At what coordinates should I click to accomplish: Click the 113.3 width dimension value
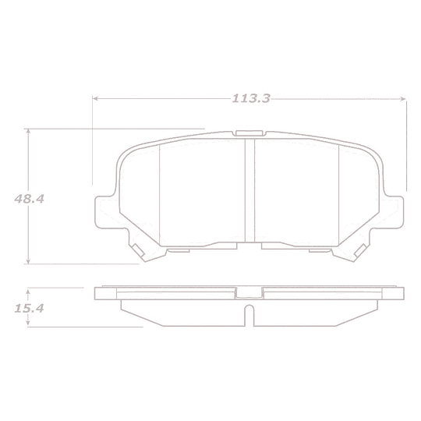(x=249, y=99)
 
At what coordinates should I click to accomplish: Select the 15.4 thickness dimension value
(x=28, y=308)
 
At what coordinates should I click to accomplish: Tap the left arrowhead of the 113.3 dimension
(x=97, y=99)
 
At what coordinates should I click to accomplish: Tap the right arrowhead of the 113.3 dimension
(x=404, y=99)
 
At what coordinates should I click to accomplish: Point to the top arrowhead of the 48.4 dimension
(x=29, y=132)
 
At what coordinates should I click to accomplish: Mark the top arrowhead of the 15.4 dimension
(x=29, y=290)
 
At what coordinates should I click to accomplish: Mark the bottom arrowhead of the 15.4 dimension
(x=29, y=324)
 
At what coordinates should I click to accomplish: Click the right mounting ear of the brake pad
(x=398, y=210)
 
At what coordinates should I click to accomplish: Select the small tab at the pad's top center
(x=250, y=133)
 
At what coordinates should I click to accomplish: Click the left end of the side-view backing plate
(x=98, y=294)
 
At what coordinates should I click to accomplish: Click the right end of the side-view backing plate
(x=402, y=294)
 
